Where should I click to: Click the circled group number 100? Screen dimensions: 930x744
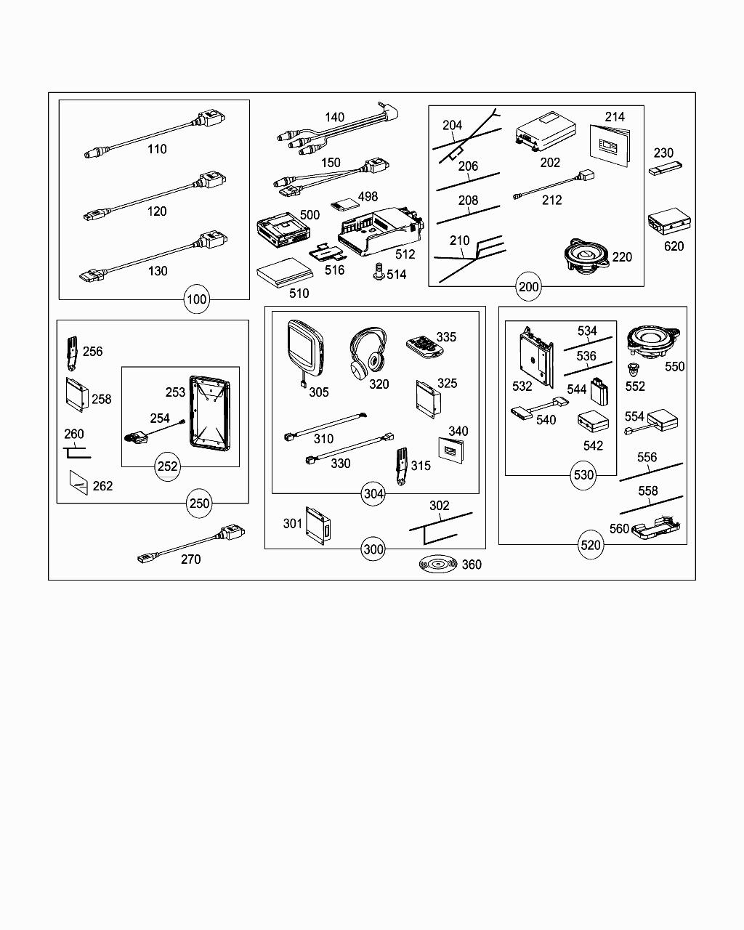[x=197, y=299]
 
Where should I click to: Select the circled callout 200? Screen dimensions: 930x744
[x=529, y=286]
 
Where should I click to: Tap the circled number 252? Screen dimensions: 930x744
[x=168, y=466]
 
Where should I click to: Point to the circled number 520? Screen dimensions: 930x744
[x=591, y=544]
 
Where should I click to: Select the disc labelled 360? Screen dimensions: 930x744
[x=437, y=565]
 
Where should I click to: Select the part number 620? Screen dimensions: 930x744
[x=674, y=246]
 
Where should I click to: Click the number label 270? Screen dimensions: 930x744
[x=190, y=559]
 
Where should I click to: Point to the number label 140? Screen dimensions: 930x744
[x=335, y=117]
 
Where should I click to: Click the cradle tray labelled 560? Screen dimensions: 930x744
[x=655, y=531]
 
